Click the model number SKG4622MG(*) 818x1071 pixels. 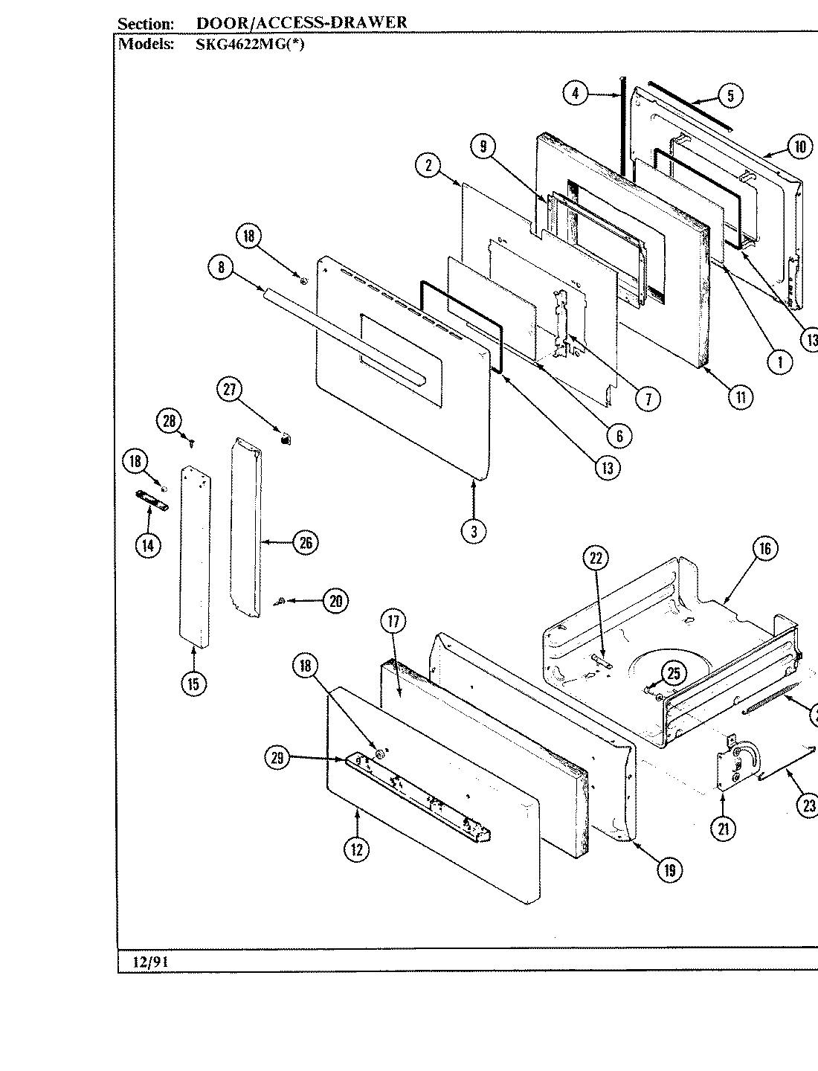[x=249, y=44]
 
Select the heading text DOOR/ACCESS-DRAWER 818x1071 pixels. [x=301, y=22]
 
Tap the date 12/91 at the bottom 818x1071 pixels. [x=151, y=962]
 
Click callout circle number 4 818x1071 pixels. [x=575, y=94]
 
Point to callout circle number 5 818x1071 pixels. [x=731, y=95]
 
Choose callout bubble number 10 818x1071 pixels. [x=799, y=147]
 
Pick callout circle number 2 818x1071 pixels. [x=428, y=165]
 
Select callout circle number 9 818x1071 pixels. [x=483, y=147]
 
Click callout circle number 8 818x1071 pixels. [x=221, y=268]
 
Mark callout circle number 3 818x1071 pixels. [x=474, y=530]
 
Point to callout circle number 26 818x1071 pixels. [x=306, y=542]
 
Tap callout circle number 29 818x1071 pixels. [x=277, y=758]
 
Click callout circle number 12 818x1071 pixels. [x=357, y=849]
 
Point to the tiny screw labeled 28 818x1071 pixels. [x=192, y=443]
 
